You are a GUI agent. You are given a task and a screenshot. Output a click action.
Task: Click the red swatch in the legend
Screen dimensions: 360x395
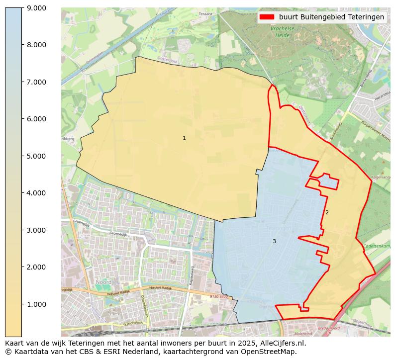pyautogui.click(x=267, y=17)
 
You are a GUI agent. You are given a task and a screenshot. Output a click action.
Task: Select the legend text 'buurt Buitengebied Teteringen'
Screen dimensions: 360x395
pyautogui.click(x=331, y=17)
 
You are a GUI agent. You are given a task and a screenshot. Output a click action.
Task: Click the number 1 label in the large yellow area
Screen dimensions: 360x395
pyautogui.click(x=184, y=138)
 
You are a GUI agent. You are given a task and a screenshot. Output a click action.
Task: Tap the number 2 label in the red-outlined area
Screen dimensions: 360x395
pyautogui.click(x=327, y=213)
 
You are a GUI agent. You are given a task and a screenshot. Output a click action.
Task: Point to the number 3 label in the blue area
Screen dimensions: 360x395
pyautogui.click(x=274, y=242)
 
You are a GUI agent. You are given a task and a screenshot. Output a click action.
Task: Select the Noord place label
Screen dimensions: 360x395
pyautogui.click(x=103, y=282)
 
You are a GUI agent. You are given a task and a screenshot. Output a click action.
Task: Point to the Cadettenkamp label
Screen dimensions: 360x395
pyautogui.click(x=377, y=246)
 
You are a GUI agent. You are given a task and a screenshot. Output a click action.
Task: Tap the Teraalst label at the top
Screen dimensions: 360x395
pyautogui.click(x=205, y=14)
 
